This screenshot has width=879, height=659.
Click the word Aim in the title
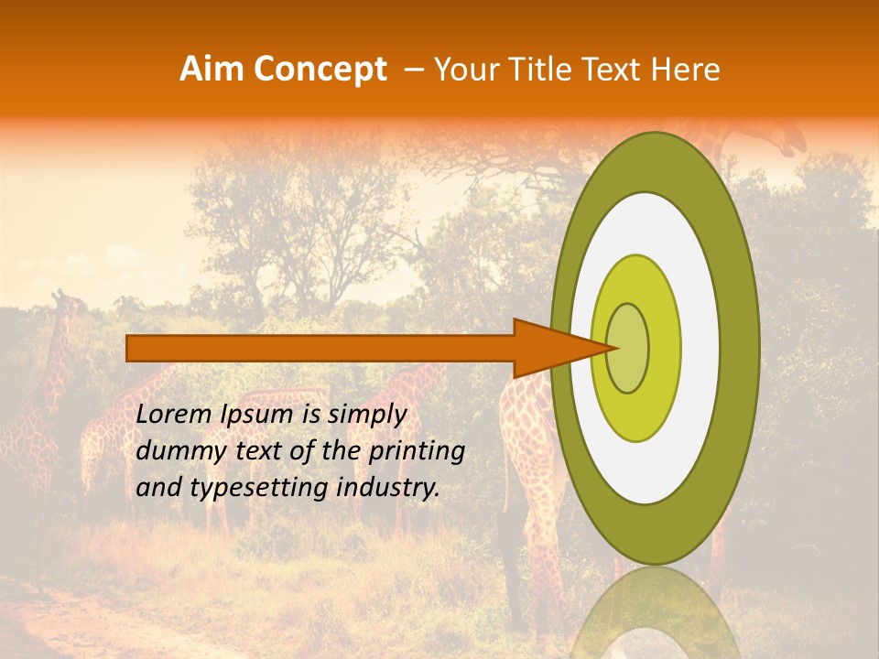coord(212,70)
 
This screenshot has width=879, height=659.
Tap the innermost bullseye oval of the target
coord(627,348)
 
